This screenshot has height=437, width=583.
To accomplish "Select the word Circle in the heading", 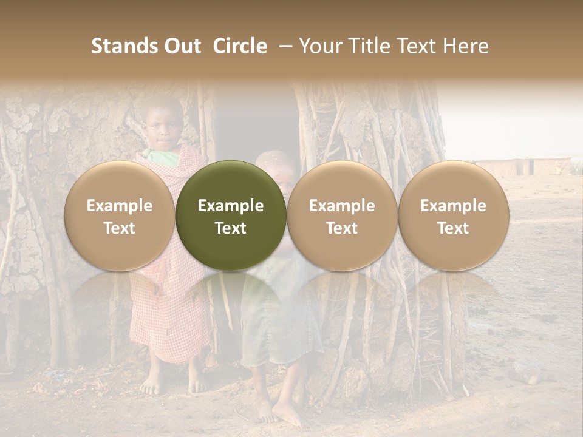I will [x=239, y=46].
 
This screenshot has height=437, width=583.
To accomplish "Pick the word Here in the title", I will [x=465, y=46].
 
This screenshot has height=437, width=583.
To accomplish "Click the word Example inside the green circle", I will [x=231, y=206].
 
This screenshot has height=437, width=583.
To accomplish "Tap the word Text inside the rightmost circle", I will [x=454, y=228].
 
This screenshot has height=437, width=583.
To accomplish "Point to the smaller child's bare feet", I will [x=276, y=413].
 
